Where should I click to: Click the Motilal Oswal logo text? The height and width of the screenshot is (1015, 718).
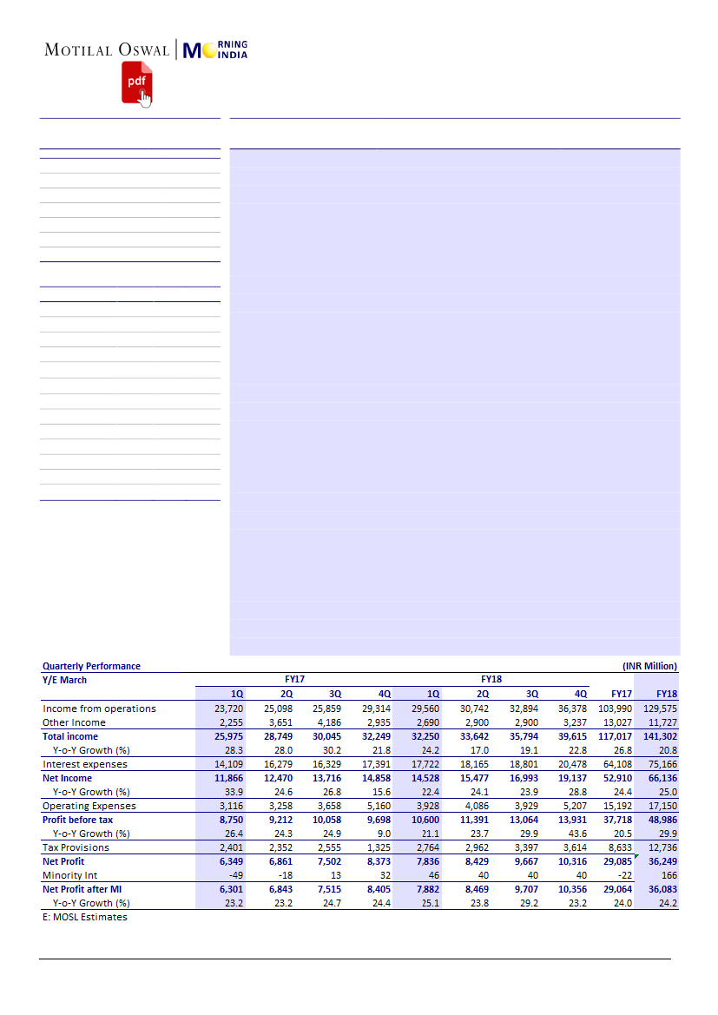pos(108,50)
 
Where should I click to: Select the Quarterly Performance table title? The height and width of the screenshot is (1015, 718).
pos(91,666)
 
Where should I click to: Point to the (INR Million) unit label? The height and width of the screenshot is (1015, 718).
pos(649,666)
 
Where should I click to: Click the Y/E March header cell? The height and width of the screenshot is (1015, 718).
pos(64,680)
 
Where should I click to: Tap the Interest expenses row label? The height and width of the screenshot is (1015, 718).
pos(85,764)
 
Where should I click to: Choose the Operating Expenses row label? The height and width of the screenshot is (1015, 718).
pos(89,806)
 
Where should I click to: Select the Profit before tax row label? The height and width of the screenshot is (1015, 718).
pos(78,820)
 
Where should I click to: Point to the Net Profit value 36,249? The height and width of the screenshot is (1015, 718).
pos(662,861)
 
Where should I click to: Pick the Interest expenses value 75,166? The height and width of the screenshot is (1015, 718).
pos(662,764)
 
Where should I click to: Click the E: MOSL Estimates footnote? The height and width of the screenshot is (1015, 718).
pos(85,917)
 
